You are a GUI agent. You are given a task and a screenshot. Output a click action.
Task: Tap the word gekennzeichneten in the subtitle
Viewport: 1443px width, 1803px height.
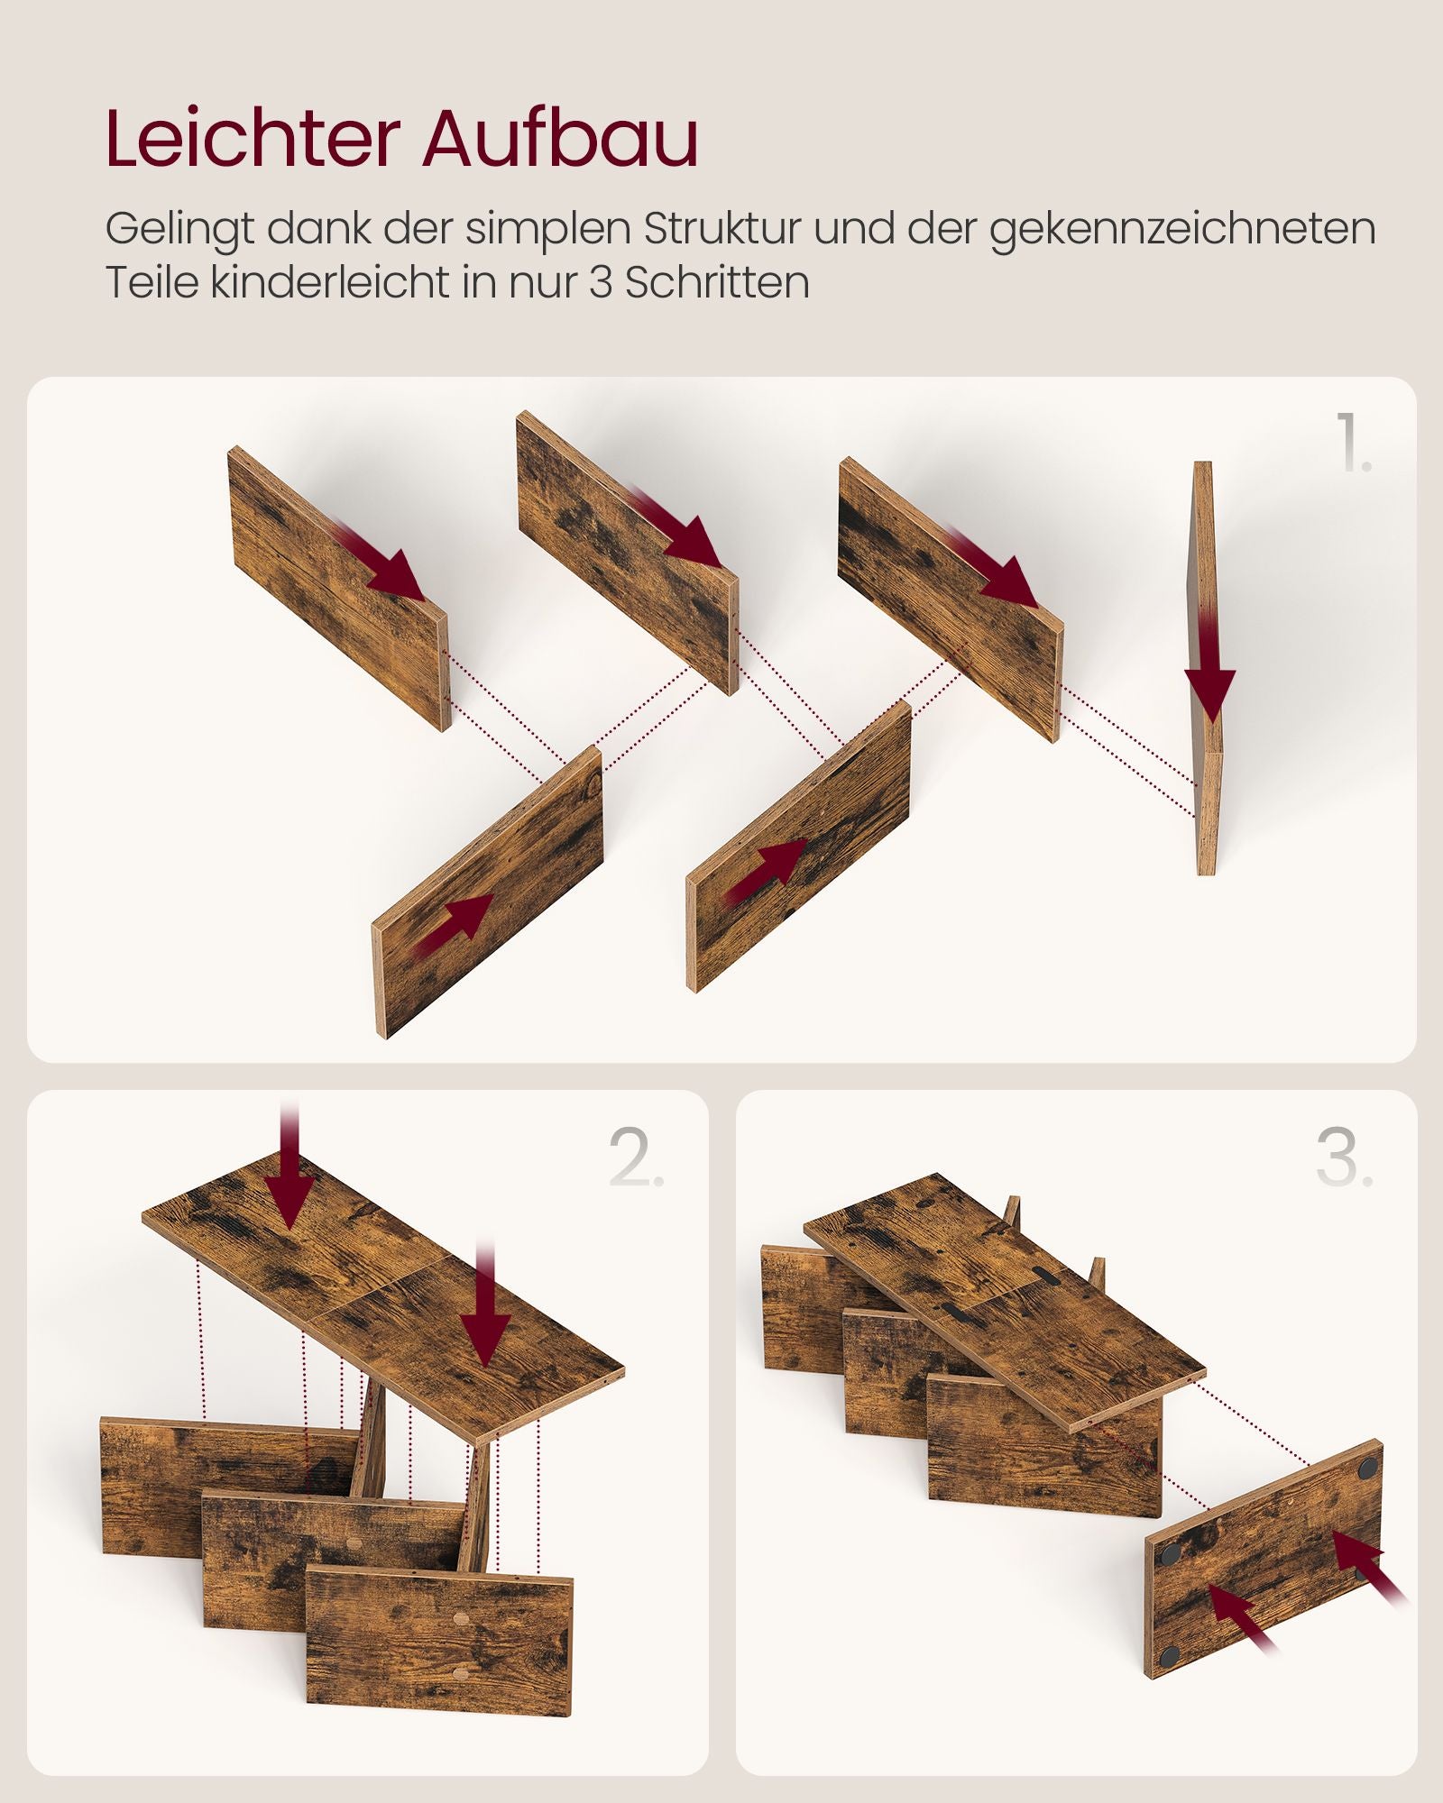tap(1182, 229)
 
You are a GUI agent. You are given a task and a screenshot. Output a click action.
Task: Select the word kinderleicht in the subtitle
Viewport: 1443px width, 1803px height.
tap(330, 282)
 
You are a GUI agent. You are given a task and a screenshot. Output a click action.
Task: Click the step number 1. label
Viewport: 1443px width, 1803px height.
tap(1353, 442)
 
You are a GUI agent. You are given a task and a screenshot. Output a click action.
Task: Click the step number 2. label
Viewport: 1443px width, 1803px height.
tap(636, 1158)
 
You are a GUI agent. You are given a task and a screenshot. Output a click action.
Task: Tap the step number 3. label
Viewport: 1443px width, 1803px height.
tap(1344, 1158)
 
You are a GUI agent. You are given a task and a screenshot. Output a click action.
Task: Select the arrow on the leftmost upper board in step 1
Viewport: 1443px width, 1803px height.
tap(383, 563)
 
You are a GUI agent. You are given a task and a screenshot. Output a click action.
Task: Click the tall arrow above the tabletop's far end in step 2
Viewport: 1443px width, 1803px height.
tap(289, 1172)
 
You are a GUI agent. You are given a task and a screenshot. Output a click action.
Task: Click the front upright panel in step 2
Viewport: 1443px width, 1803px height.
tap(439, 1641)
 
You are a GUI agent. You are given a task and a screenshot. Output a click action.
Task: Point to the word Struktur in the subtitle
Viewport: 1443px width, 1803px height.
tap(721, 229)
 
